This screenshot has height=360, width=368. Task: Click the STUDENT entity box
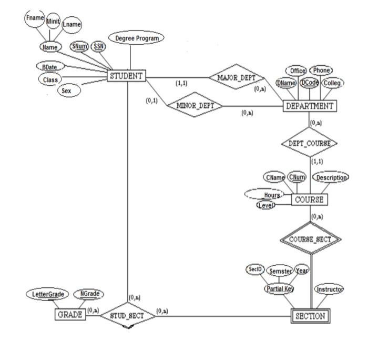tap(126, 76)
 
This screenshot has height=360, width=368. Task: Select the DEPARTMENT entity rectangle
tap(309, 106)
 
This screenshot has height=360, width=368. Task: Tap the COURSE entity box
tap(309, 200)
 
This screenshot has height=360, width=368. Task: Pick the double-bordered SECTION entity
tap(311, 316)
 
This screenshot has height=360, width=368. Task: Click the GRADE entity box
tap(69, 315)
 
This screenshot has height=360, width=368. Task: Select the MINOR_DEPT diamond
tap(192, 105)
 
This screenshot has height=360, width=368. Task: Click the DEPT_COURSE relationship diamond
tap(309, 143)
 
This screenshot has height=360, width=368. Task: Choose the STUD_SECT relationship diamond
tap(127, 315)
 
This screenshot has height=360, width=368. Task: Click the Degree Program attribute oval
tap(136, 38)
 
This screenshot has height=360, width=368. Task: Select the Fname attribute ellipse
tap(35, 17)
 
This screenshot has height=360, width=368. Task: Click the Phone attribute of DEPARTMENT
tap(320, 70)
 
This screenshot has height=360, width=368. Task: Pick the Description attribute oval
tap(331, 177)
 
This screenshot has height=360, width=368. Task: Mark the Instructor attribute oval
tap(329, 289)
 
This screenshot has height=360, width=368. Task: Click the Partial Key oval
tap(279, 289)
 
